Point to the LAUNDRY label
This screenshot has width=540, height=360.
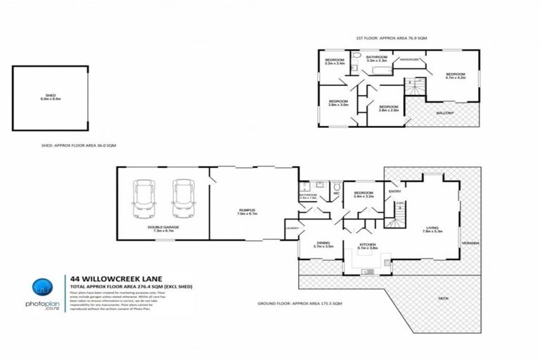tap(292, 228)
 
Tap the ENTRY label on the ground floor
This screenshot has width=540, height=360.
tap(394, 191)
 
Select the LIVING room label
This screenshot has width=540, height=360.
tap(434, 228)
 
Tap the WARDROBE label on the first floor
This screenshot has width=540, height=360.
tap(409, 60)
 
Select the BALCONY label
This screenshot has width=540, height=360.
tap(444, 112)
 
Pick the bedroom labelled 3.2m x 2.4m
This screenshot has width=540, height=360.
tap(335, 61)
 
